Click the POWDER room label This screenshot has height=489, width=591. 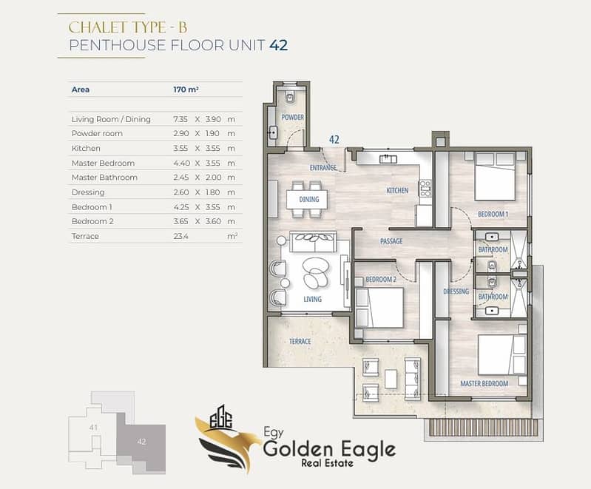[x=292, y=117]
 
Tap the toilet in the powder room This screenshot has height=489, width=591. [x=290, y=96]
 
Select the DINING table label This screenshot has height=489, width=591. [x=309, y=199]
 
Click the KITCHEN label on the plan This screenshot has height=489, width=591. [x=397, y=190]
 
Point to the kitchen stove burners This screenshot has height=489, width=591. [x=425, y=189]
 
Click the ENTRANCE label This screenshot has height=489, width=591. [x=323, y=167]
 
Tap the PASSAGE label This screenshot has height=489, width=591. [x=391, y=241]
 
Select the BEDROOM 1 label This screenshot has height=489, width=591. [x=493, y=214]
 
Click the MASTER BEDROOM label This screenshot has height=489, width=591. [x=484, y=383]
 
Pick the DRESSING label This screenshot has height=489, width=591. [x=456, y=291]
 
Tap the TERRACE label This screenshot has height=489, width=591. [x=300, y=341]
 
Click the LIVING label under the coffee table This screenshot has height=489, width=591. [x=312, y=299]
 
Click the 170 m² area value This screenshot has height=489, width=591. [x=186, y=90]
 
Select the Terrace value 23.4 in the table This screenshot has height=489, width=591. [x=181, y=237]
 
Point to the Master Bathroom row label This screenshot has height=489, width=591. [x=104, y=178]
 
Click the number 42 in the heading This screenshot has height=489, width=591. [x=279, y=45]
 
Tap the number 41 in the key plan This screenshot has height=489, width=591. [x=93, y=427]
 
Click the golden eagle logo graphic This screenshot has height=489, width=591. [x=223, y=439]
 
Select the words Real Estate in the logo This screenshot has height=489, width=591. [x=327, y=463]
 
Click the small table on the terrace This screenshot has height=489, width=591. [x=391, y=379]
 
